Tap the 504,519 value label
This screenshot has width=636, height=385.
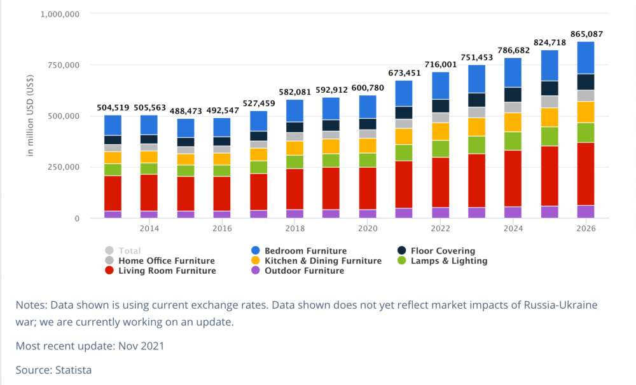pyautogui.click(x=113, y=108)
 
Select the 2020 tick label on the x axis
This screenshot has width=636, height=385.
pyautogui.click(x=368, y=229)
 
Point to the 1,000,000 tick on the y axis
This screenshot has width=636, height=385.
pyautogui.click(x=60, y=13)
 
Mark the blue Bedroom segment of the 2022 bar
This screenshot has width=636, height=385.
pyautogui.click(x=440, y=86)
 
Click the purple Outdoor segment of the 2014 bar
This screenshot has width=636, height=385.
pyautogui.click(x=149, y=215)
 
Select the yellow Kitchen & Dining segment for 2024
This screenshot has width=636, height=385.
pyautogui.click(x=513, y=122)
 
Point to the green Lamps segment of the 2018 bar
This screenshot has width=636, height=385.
pyautogui.click(x=294, y=161)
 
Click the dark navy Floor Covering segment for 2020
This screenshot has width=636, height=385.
pyautogui.click(x=368, y=124)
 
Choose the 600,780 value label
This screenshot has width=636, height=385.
pyautogui.click(x=368, y=88)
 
